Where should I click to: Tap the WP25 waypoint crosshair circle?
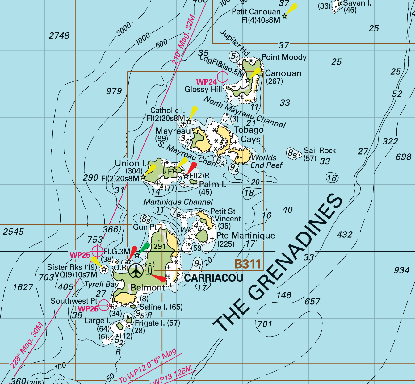point(98,251)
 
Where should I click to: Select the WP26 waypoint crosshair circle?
point(104,305)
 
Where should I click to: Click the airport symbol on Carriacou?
point(135,271)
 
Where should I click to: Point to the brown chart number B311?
point(248,264)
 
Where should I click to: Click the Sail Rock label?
point(320,151)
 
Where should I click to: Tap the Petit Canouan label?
point(256,12)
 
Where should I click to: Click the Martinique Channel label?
point(178,202)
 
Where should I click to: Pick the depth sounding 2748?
point(59,36)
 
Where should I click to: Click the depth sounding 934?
point(401,270)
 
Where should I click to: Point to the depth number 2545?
point(13,232)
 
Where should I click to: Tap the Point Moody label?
point(284,57)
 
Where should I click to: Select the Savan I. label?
point(357,3)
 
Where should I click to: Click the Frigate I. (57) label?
point(157,323)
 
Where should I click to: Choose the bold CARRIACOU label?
point(214,278)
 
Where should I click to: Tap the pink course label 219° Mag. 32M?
point(183,39)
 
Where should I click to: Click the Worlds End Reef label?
point(266,161)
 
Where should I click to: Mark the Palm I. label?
point(212,185)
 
